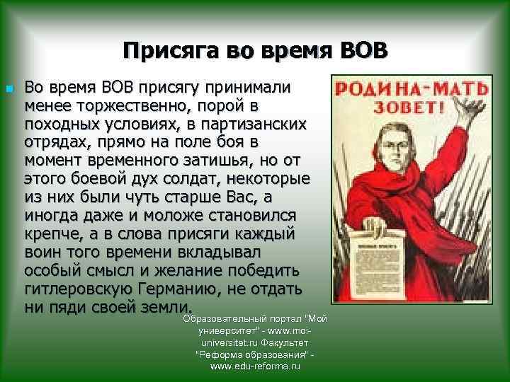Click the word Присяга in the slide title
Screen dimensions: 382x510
click(164, 51)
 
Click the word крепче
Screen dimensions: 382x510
click(52, 234)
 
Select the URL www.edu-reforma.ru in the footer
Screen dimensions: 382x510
click(255, 367)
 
